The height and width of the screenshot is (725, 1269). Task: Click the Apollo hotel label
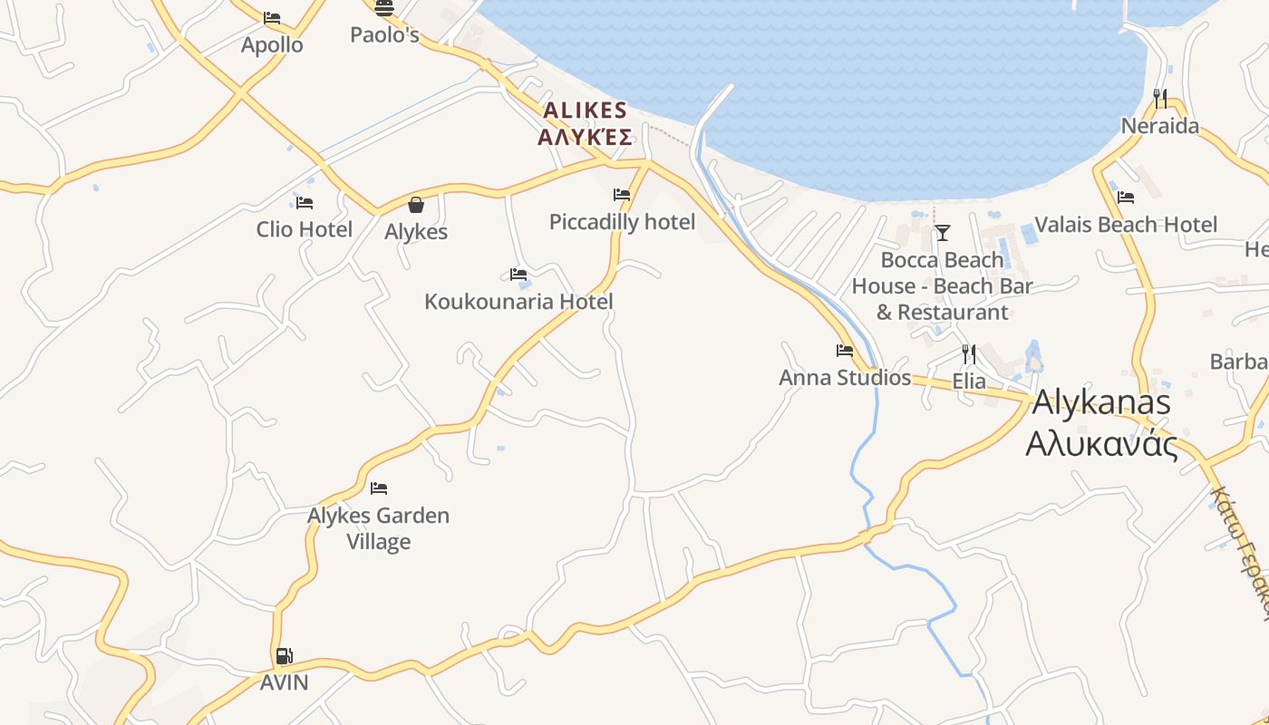[272, 44]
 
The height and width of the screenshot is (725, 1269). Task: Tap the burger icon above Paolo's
[384, 9]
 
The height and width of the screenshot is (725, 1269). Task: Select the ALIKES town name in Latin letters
[585, 111]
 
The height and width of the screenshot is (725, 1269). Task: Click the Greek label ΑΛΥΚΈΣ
[585, 137]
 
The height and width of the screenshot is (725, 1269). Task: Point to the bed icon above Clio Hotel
[305, 203]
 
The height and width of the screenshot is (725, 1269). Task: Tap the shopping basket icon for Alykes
[416, 205]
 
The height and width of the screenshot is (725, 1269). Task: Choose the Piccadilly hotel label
[622, 222]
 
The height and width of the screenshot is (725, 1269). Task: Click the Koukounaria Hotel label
[518, 302]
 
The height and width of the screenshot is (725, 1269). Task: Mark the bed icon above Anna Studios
[845, 351]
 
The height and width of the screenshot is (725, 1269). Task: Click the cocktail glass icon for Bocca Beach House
[943, 233]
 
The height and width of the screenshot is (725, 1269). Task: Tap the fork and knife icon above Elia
[969, 353]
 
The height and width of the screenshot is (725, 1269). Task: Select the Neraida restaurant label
[1159, 126]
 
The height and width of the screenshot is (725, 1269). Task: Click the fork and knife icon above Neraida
[1160, 98]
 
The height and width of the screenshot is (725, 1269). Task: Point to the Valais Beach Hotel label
[1126, 225]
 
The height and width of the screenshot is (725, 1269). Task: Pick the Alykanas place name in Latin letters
[1101, 402]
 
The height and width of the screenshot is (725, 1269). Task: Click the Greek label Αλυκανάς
[1101, 444]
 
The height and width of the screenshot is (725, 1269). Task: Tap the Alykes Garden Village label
[379, 528]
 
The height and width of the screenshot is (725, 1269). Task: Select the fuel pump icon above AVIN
[285, 656]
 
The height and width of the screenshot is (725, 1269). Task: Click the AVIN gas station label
[285, 682]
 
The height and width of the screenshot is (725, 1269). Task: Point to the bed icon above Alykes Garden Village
[379, 488]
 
